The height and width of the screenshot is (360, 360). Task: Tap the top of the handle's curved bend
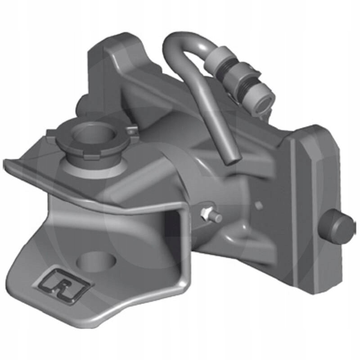point(180,38)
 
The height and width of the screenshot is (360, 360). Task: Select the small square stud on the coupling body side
point(258,205)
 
